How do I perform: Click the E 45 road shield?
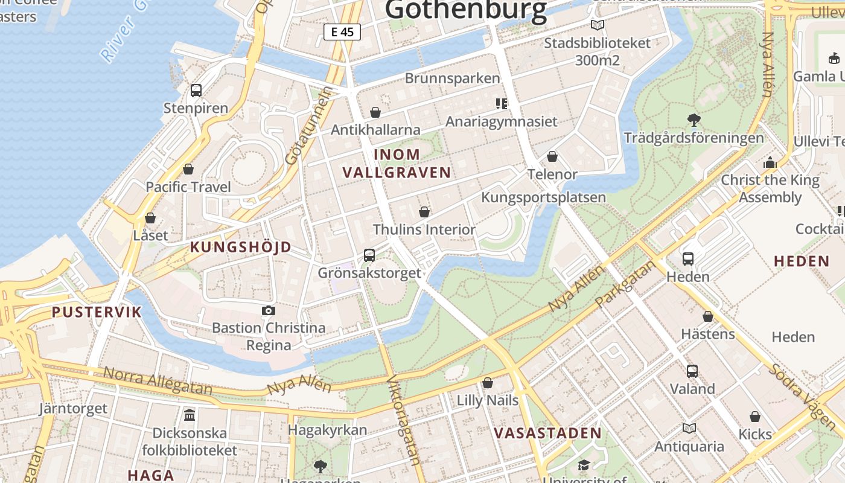pos(342,32)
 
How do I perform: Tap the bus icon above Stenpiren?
pos(196,91)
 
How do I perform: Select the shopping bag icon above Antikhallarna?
pos(375,112)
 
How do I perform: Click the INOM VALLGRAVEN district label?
pos(397,163)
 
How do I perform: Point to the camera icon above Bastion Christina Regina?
pos(269,311)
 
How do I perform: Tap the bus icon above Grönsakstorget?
pos(369,255)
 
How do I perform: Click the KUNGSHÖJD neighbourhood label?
pos(241,247)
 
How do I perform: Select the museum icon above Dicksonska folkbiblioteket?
pos(190,415)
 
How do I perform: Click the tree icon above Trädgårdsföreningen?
pos(694,120)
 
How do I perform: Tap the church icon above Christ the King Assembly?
pos(770,162)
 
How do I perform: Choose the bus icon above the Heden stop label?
pos(688,259)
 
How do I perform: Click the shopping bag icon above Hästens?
pos(708,316)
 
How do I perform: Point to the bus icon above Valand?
pos(692,371)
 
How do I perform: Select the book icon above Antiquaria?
pos(689,429)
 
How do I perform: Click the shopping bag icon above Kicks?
pos(755,417)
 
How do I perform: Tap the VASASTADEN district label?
pos(547,433)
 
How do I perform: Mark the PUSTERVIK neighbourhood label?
pos(97,312)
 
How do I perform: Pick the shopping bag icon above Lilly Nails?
pos(488,383)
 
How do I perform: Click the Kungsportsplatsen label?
pos(543,197)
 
